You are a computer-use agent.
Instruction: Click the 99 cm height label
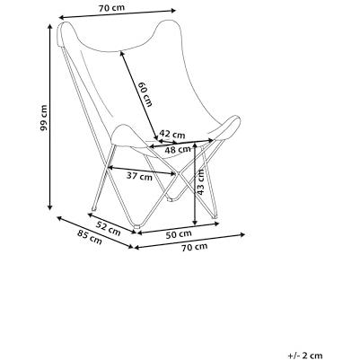[x=44, y=118]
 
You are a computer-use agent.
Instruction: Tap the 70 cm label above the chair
[x=111, y=8]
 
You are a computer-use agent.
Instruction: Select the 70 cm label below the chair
[x=195, y=247]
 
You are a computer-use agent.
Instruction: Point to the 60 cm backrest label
[x=145, y=94]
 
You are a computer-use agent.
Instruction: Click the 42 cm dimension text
[x=172, y=134]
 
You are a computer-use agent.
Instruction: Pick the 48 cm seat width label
[x=178, y=150]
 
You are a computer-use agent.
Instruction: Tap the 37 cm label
[x=139, y=176]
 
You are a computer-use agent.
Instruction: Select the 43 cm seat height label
[x=200, y=182]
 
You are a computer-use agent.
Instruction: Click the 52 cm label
[x=109, y=228]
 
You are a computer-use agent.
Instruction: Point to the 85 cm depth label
[x=90, y=237]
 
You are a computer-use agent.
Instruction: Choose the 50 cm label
[x=179, y=234]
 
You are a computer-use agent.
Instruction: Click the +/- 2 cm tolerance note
[x=305, y=356]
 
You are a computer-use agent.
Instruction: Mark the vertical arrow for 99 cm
[x=50, y=117]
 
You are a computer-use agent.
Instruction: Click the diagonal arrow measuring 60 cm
[x=139, y=95]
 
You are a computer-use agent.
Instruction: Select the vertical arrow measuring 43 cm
[x=195, y=184]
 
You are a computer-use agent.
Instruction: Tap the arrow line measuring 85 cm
[x=95, y=233]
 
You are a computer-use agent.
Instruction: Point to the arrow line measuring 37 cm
[x=142, y=171]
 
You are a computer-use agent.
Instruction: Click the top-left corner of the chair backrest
[x=60, y=24]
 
